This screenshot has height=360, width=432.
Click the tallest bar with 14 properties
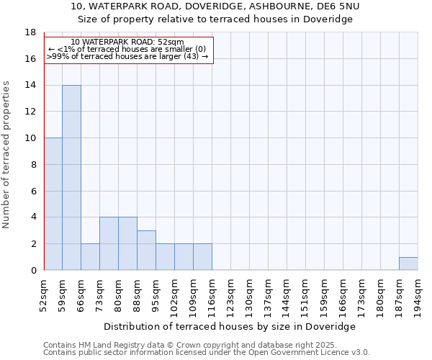coord(71,177)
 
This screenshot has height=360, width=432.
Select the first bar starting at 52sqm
coord(53,204)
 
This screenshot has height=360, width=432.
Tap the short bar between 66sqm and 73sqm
coord(90,257)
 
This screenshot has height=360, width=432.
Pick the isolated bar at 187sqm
coord(408,264)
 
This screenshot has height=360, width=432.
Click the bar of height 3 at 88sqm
coord(146,251)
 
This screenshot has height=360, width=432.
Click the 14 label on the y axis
coord(30,86)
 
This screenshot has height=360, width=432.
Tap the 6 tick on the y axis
coord(32,191)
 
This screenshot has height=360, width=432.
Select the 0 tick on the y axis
coord(32,270)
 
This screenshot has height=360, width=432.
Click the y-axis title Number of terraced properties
coord(7,154)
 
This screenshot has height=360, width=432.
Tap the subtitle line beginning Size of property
coord(216,19)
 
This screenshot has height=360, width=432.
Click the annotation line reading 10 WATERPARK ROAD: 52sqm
coord(127,42)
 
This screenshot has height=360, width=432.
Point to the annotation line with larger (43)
coord(127,56)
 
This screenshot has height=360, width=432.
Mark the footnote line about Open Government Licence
coord(207,353)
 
